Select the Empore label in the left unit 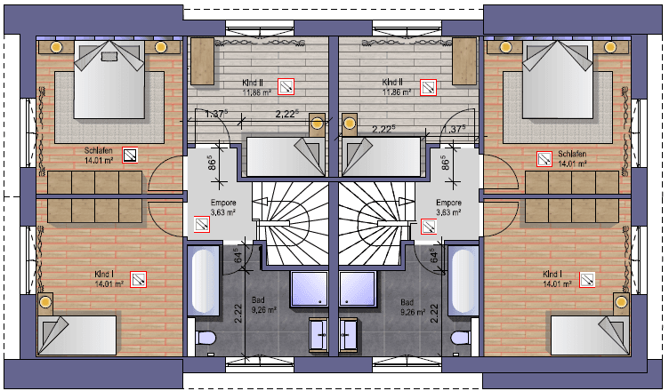click(x=212, y=203)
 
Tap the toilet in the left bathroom click(x=206, y=339)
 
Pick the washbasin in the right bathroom click(x=348, y=335)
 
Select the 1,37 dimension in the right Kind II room click(x=454, y=129)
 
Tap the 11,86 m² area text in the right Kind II click(x=396, y=92)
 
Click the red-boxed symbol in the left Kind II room click(x=286, y=86)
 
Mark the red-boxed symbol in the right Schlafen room click(x=544, y=159)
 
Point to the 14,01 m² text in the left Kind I click(x=109, y=284)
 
